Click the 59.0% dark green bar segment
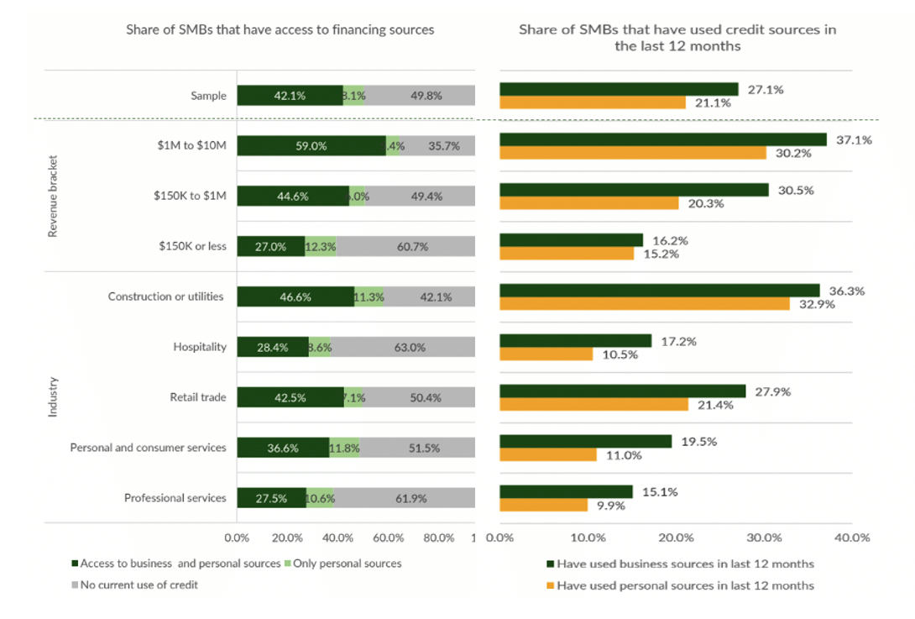coord(311,145)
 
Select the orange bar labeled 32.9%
coord(645,304)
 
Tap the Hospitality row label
coord(200,347)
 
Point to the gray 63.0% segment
coord(403,347)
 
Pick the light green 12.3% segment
coord(320,246)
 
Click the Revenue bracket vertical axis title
coord(53,196)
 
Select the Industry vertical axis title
coord(53,397)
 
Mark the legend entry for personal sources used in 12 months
coord(685,585)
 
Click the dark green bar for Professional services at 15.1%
coord(566,492)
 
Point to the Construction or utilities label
coord(166,296)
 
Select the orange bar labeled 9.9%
coord(543,506)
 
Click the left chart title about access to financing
coord(280,29)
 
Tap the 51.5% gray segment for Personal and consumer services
coord(416,448)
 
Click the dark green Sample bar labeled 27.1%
coord(619,89)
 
